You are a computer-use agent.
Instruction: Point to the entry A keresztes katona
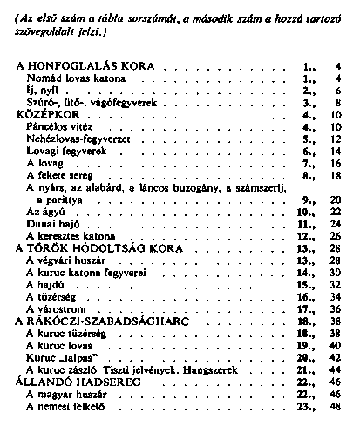(68, 235)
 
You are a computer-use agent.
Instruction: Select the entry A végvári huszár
(65, 260)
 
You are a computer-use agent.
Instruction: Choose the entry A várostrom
(56, 308)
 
